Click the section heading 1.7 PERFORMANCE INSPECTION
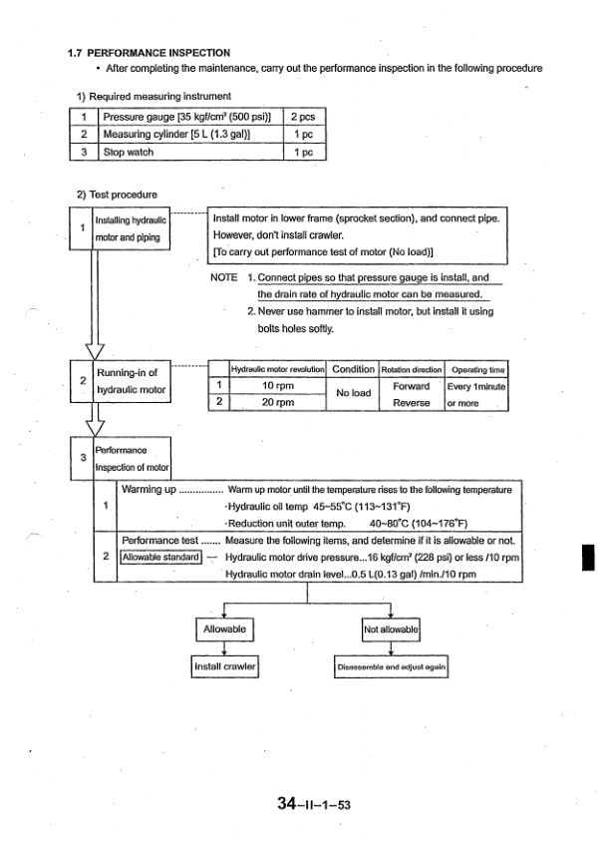coord(149,52)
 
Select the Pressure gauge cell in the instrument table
coord(188,117)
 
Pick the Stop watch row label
coord(129,153)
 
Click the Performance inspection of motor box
coord(133,458)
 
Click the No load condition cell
coord(354,393)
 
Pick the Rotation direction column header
coord(411,369)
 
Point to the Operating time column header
coord(477,369)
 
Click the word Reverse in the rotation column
coord(411,402)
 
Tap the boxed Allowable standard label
coord(161,557)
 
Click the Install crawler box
coord(224,665)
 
